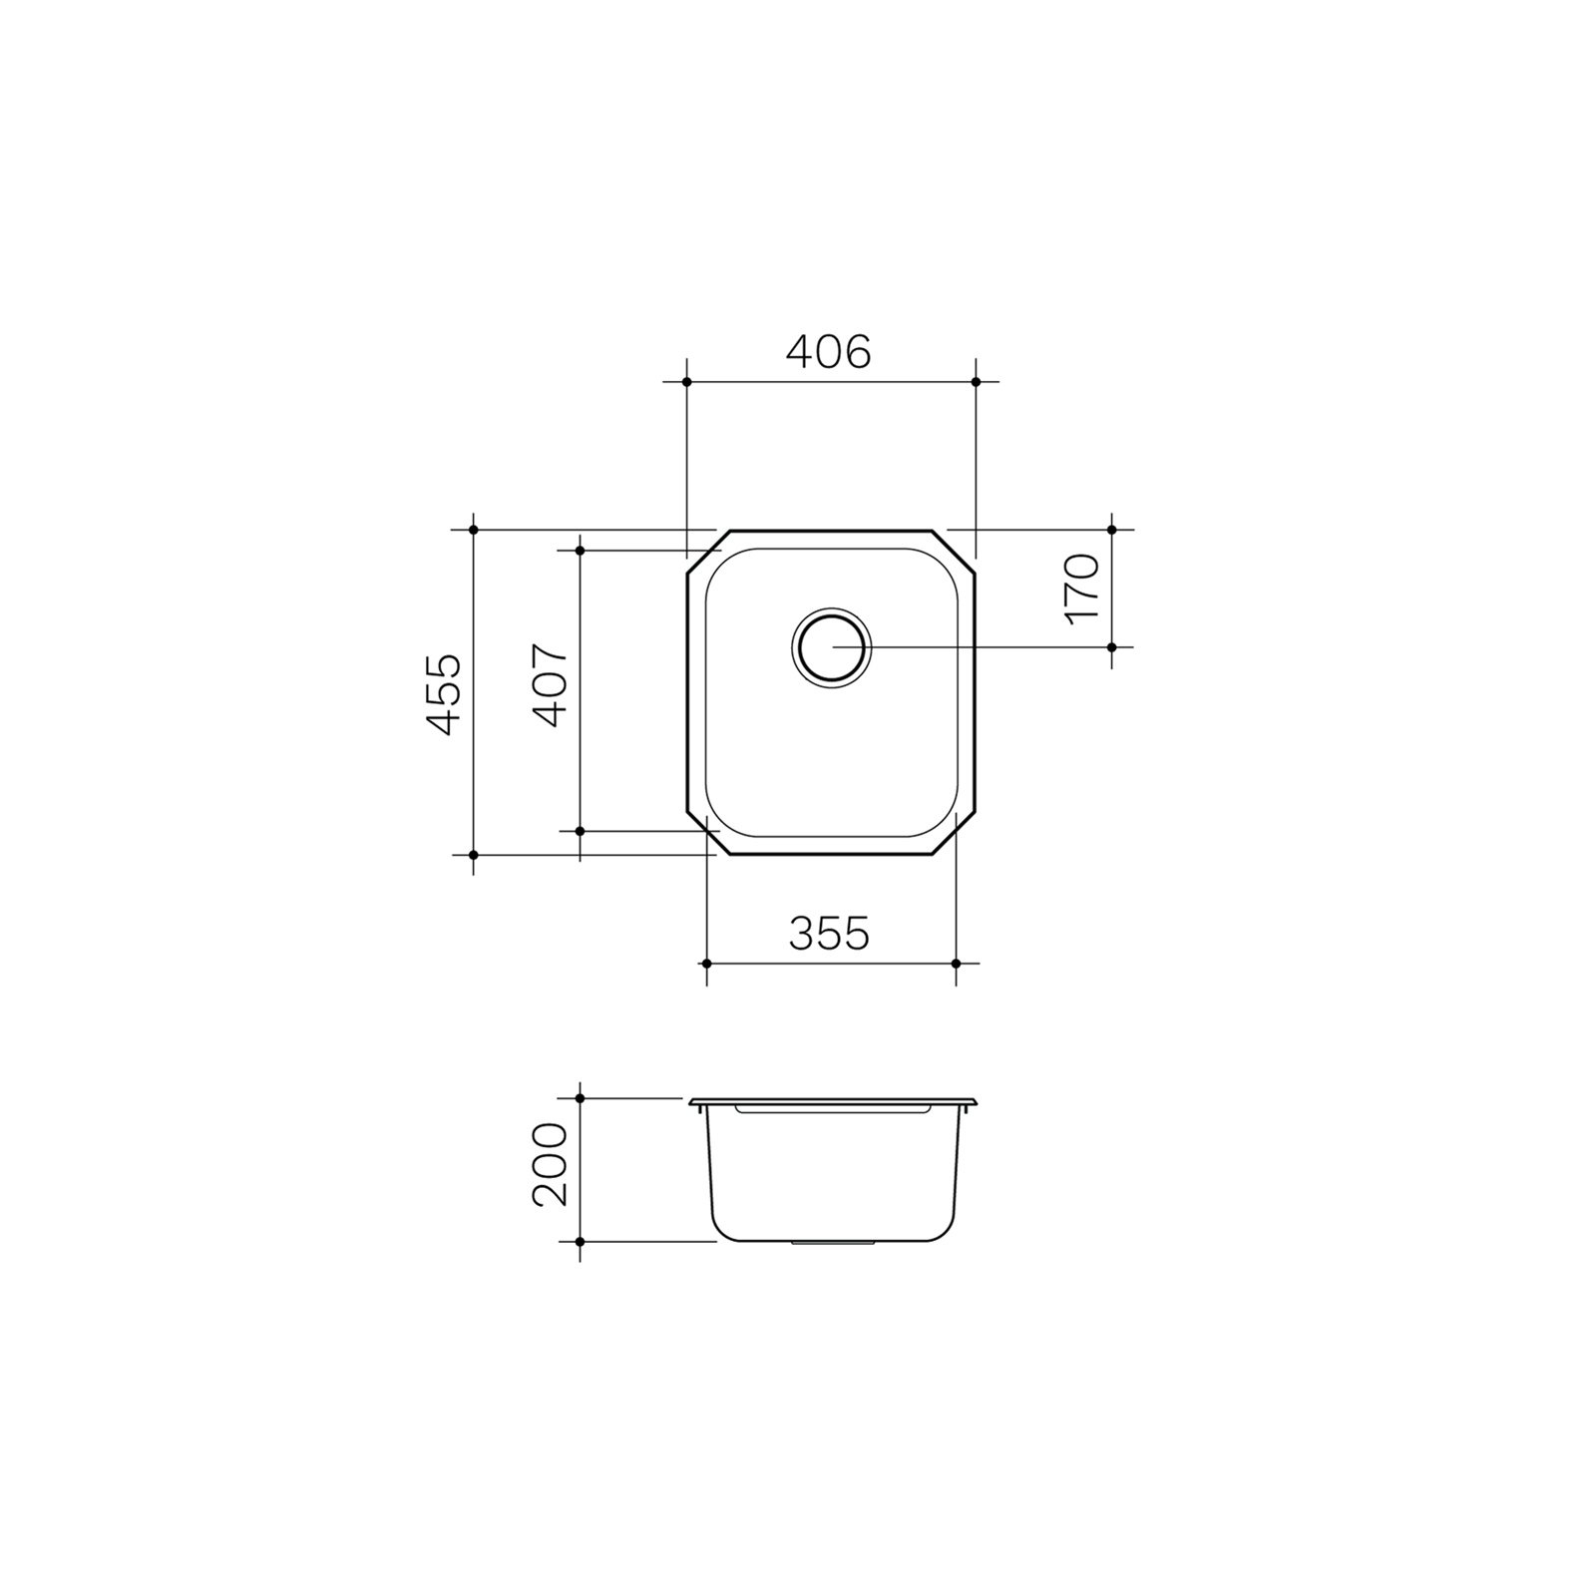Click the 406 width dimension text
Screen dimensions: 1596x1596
pos(828,351)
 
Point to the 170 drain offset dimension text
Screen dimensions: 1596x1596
pos(1082,589)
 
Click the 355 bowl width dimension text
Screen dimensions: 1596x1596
pos(829,934)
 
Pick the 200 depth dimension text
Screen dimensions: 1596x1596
pos(550,1164)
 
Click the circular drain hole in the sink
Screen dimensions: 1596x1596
pos(831,647)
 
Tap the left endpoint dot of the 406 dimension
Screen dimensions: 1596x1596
pos(686,382)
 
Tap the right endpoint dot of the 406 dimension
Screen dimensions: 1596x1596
pos(976,382)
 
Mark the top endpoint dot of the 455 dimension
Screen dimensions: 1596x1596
pos(474,530)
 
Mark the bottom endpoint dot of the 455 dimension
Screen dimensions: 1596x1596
pos(474,855)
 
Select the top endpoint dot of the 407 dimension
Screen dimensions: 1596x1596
pos(580,550)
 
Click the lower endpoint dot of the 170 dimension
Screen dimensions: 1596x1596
pos(1112,647)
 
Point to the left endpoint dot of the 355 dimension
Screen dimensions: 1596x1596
pos(706,964)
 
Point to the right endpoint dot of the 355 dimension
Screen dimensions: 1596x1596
pos(956,964)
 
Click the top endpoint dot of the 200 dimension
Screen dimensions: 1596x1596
pos(580,1098)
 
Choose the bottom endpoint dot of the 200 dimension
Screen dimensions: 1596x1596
pos(580,1242)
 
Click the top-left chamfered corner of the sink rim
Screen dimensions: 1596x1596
pos(708,552)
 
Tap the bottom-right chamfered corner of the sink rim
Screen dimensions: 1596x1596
pos(954,833)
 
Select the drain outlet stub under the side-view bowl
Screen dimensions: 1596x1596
pos(832,1244)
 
